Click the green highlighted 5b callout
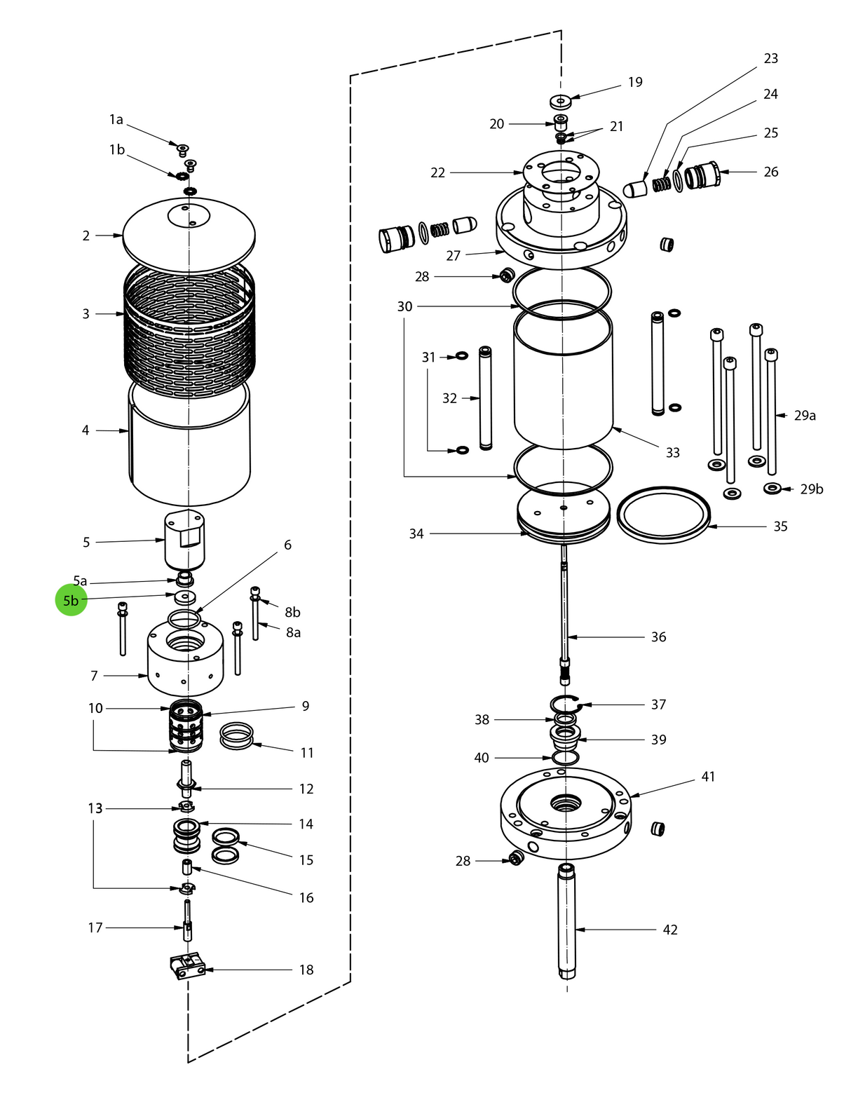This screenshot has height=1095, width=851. pos(71,601)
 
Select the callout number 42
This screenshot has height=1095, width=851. pos(670,930)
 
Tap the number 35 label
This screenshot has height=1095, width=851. pos(780,526)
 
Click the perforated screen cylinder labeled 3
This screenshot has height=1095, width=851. pos(189,329)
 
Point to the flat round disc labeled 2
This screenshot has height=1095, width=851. pos(189,235)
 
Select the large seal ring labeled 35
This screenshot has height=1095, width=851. pos(663,515)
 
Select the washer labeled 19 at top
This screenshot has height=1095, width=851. pos(561,101)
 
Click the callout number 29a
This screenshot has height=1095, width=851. pos(805,416)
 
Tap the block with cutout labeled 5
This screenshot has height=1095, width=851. pos(185,540)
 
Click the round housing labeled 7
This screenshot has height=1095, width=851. pos(185,662)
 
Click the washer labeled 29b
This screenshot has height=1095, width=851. pos(772,488)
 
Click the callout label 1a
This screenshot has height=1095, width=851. pos(116,120)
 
